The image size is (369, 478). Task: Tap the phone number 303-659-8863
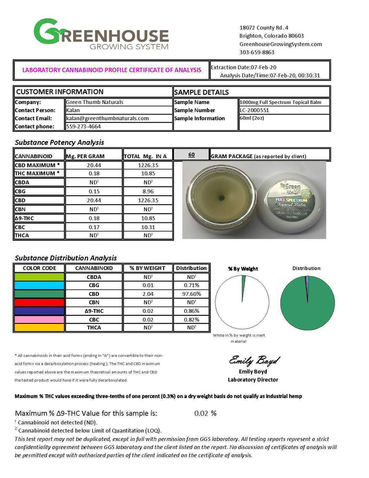(258, 52)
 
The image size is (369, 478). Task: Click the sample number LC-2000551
(257, 110)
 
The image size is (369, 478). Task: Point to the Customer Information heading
(60, 91)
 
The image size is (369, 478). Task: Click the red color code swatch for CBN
(39, 302)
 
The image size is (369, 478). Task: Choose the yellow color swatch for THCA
(39, 328)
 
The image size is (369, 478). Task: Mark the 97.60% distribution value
(191, 294)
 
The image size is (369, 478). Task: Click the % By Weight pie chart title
(243, 269)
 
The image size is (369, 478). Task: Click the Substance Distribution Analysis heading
(65, 258)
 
